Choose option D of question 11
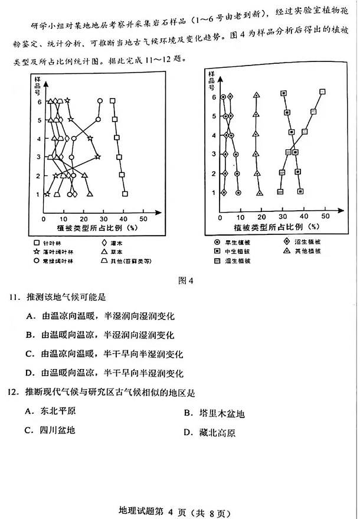(104, 373)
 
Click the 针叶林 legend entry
(55, 243)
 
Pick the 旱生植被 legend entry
(233, 242)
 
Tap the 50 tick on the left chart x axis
(143, 218)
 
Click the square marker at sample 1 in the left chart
(125, 193)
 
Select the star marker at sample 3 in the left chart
(98, 156)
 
